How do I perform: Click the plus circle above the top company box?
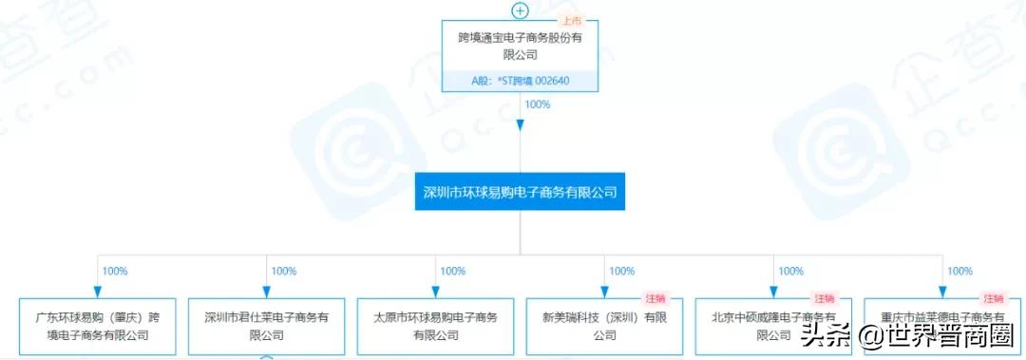click(x=520, y=10)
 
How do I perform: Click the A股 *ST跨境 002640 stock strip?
click(x=520, y=81)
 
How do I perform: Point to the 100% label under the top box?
click(x=538, y=104)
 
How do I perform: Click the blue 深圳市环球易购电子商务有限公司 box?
click(x=520, y=192)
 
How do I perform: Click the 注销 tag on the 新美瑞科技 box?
click(x=654, y=299)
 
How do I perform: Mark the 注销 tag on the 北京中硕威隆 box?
click(x=823, y=299)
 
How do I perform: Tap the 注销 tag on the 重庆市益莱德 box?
click(x=993, y=299)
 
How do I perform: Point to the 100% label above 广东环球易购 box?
click(x=115, y=271)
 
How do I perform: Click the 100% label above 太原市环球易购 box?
click(x=453, y=271)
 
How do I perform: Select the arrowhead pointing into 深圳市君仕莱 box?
click(x=266, y=291)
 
